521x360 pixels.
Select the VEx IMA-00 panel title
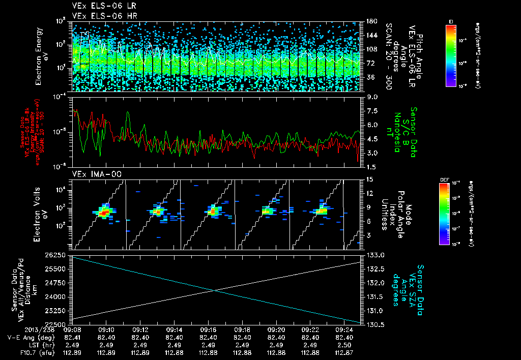(x=92, y=174)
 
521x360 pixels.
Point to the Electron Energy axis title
(x=40, y=55)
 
